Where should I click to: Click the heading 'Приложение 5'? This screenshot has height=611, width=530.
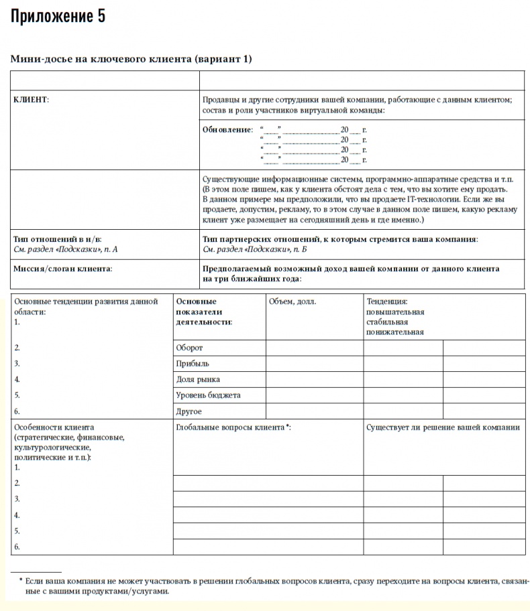pyautogui.click(x=58, y=17)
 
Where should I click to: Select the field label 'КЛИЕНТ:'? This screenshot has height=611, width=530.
pyautogui.click(x=31, y=99)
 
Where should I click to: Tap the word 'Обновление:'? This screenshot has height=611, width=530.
pyautogui.click(x=227, y=129)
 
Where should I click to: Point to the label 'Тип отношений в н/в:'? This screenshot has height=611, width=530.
pyautogui.click(x=58, y=239)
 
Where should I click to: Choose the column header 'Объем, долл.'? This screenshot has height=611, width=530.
pyautogui.click(x=293, y=301)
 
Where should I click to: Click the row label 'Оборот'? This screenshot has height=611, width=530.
pyautogui.click(x=189, y=348)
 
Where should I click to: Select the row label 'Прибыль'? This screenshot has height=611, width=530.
pyautogui.click(x=193, y=364)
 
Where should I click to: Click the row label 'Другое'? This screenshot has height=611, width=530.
pyautogui.click(x=189, y=411)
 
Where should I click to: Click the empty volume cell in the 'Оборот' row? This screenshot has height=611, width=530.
pyautogui.click(x=315, y=348)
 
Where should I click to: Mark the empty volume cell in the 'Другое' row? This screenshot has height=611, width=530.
pyautogui.click(x=315, y=411)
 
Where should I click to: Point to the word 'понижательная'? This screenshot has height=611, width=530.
pyautogui.click(x=395, y=332)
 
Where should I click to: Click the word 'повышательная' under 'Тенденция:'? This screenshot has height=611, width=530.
pyautogui.click(x=395, y=312)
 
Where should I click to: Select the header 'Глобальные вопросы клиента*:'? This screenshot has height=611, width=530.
pyautogui.click(x=233, y=427)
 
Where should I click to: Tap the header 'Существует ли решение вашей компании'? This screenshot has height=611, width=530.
pyautogui.click(x=443, y=427)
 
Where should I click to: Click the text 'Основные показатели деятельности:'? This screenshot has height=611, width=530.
pyautogui.click(x=204, y=312)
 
